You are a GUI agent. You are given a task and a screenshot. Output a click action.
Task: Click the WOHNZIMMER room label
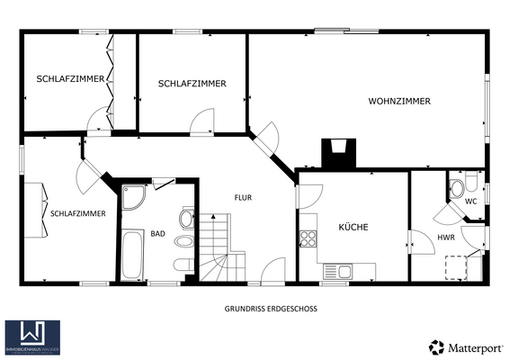(x=398, y=101)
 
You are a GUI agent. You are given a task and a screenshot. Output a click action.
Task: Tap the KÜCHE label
(x=353, y=228)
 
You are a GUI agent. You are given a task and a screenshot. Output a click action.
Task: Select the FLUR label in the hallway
(x=243, y=197)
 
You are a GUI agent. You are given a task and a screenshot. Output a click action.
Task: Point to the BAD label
(x=157, y=234)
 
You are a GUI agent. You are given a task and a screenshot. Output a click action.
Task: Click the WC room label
(x=469, y=202)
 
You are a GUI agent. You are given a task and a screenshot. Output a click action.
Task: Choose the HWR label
(x=445, y=238)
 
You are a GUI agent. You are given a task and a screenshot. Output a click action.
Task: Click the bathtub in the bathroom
(x=132, y=255)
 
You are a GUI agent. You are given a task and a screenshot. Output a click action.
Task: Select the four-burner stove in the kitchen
(x=308, y=238)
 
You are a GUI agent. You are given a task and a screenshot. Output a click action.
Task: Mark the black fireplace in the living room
(x=341, y=154)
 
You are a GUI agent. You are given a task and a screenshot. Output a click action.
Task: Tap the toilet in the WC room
(x=458, y=188)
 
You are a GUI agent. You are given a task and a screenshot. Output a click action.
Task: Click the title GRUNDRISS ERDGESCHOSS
(x=271, y=308)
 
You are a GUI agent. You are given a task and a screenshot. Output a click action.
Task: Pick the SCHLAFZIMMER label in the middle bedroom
(x=192, y=84)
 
